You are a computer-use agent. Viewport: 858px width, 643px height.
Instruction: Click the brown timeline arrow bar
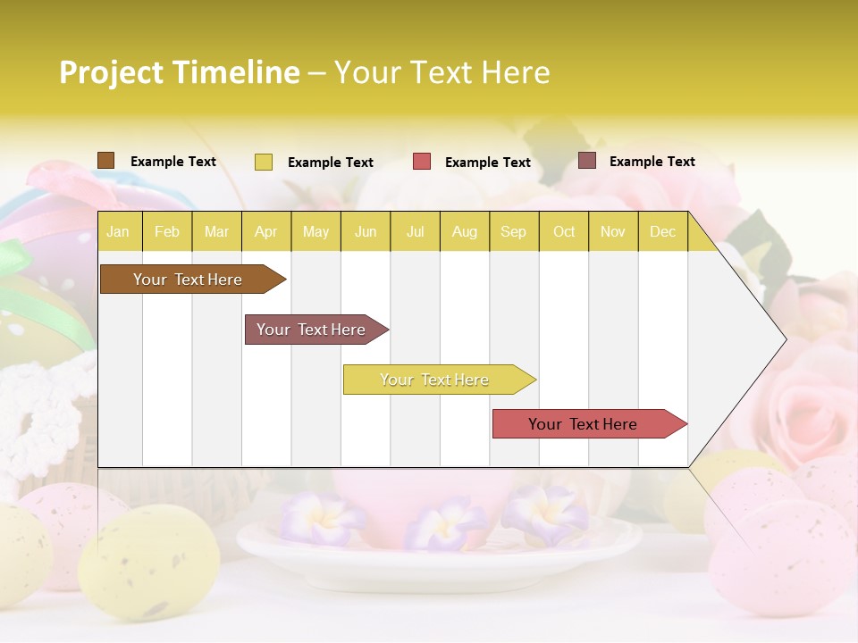188,280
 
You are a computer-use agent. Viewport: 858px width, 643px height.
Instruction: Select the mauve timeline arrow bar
311,330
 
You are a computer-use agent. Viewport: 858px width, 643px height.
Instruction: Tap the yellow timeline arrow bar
434,380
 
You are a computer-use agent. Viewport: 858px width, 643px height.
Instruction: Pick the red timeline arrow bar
583,424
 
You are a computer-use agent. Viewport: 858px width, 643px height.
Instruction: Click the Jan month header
118,232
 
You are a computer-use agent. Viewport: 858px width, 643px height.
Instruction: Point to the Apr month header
265,232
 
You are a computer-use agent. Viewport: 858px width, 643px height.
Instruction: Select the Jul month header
415,232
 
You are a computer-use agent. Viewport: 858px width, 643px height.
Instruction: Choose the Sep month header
513,232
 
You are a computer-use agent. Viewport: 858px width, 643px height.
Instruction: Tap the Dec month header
662,232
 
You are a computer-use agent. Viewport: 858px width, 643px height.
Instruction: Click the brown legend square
105,161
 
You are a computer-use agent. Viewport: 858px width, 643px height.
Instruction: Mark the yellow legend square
263,162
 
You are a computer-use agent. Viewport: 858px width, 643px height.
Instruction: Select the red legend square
422,162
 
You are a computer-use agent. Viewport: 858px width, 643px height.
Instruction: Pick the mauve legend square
586,161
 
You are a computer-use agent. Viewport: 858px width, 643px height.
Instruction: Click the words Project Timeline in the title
180,72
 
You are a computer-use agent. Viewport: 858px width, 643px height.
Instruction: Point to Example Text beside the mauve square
652,162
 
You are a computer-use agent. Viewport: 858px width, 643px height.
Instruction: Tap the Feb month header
167,232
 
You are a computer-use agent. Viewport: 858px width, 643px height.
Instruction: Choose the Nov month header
612,232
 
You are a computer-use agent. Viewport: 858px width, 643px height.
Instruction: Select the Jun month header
366,232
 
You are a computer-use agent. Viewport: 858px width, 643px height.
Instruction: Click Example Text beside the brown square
172,162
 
